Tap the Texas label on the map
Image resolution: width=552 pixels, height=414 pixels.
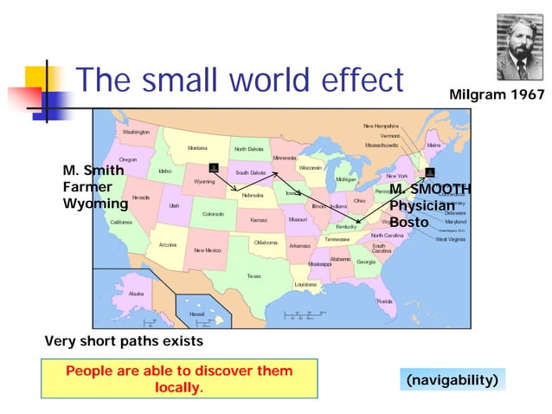click(254, 276)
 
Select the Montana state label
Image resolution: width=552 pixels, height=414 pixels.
click(197, 148)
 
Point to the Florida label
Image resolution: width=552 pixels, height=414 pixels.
click(384, 301)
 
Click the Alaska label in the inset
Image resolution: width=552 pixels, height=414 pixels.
click(136, 294)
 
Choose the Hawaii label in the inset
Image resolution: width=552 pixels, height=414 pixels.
click(198, 314)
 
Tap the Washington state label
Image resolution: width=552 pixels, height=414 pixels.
click(136, 132)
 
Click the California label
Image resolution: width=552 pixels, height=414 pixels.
click(121, 222)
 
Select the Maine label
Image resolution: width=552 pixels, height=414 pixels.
click(433, 146)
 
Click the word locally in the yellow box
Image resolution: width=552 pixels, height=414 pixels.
click(178, 387)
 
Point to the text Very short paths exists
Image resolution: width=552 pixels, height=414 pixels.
click(124, 341)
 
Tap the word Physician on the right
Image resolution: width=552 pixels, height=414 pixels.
click(421, 205)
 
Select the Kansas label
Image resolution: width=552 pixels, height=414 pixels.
click(259, 220)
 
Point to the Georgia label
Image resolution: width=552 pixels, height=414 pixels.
click(366, 262)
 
